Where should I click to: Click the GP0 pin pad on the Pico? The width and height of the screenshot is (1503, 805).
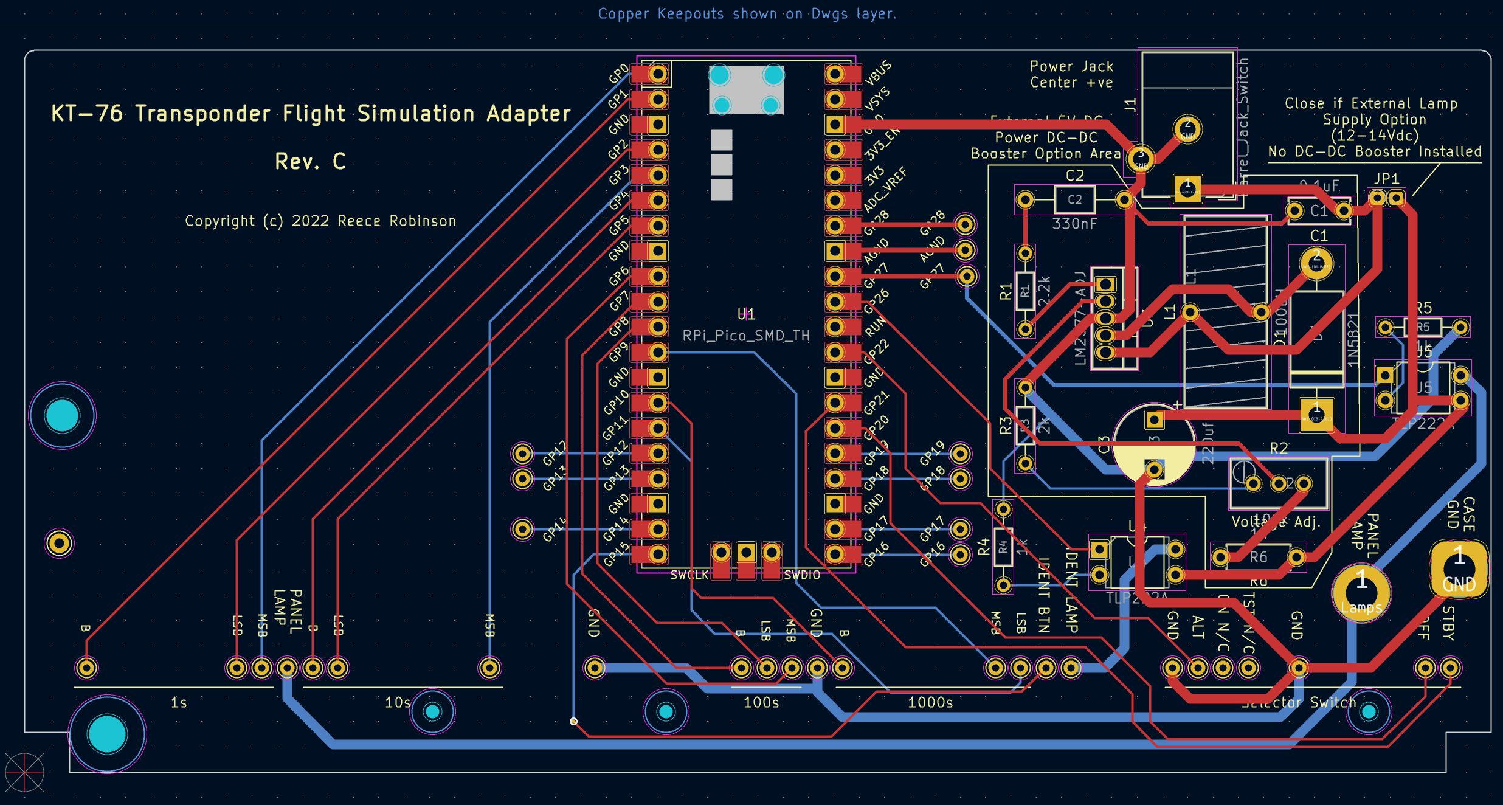point(657,74)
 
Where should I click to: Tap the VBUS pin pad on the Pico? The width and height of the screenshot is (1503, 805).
point(835,74)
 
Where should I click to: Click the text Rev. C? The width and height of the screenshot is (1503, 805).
point(310,162)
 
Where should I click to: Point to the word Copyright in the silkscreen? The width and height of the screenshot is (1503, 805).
point(219,221)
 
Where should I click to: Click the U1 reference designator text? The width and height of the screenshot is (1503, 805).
point(746,314)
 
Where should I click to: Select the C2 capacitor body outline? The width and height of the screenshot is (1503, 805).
point(1074,199)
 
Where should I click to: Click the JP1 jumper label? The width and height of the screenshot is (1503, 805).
point(1386,179)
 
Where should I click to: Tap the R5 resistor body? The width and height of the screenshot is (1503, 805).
point(1423,327)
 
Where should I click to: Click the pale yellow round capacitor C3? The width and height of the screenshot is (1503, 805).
point(1154,444)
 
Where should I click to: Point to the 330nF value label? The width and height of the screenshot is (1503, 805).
point(1074,224)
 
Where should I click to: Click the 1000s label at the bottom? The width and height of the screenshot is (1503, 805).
point(930,703)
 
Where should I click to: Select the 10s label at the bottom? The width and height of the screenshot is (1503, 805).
point(398,703)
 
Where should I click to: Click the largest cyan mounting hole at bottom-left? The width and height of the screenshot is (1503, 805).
point(107,734)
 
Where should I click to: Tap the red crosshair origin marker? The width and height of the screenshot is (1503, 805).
point(24,773)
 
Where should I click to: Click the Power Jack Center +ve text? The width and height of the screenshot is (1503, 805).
point(1071,75)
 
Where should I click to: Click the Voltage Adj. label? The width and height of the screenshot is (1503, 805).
point(1276,522)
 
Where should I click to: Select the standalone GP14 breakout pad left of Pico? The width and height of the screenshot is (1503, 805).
point(522,529)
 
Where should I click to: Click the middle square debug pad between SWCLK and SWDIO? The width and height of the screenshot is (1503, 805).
point(746,553)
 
